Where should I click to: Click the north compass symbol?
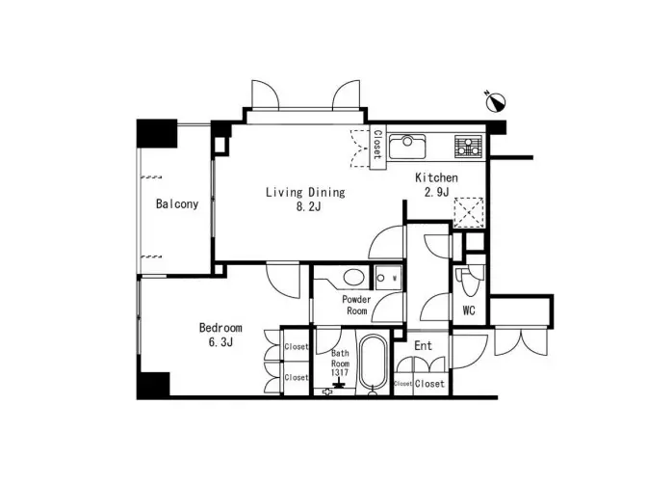(496, 101)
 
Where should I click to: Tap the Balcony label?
(177, 203)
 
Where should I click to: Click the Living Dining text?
(305, 192)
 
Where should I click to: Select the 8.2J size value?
(308, 206)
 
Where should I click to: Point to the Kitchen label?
(436, 177)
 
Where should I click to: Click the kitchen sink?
(407, 146)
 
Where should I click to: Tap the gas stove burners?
(468, 146)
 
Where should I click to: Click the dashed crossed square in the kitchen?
(469, 212)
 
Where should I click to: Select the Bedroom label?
(220, 328)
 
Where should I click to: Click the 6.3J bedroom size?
(220, 342)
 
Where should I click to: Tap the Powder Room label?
(356, 305)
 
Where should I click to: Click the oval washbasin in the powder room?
(354, 278)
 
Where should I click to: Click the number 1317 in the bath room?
(340, 372)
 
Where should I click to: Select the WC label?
(469, 310)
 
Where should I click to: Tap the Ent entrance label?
(423, 345)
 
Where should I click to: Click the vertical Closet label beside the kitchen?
(377, 145)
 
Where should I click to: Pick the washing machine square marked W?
(388, 278)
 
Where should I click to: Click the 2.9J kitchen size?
(436, 192)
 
